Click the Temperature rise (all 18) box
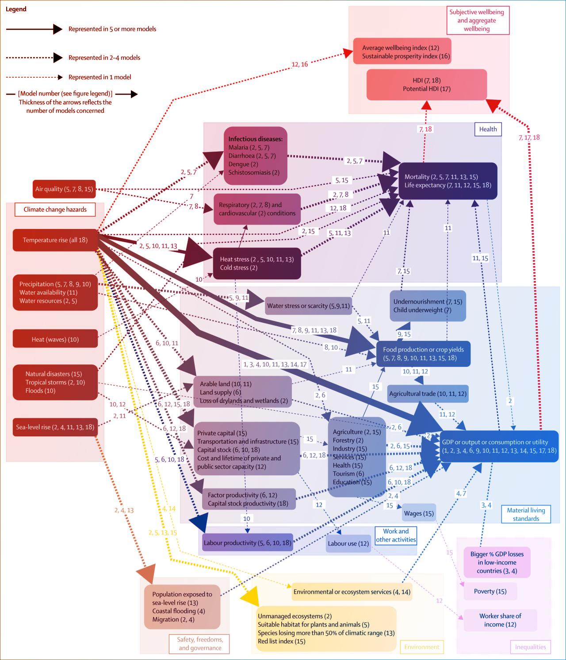click(x=55, y=240)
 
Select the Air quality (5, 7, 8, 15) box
click(x=64, y=189)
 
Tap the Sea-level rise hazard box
click(x=55, y=427)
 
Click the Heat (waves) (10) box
click(x=55, y=339)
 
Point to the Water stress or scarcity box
click(x=308, y=306)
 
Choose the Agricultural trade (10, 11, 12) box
click(x=428, y=393)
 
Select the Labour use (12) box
click(x=348, y=543)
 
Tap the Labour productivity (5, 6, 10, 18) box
click(x=248, y=543)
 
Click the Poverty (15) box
click(x=490, y=591)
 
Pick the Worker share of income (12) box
click(x=500, y=620)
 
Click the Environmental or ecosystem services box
click(x=352, y=592)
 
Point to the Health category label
click(x=488, y=129)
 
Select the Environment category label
click(x=421, y=647)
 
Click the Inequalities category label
click(x=530, y=647)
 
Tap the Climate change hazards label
click(x=55, y=210)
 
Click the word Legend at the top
click(x=16, y=9)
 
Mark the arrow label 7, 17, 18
click(x=529, y=137)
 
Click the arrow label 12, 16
click(x=300, y=65)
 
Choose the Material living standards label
click(x=526, y=514)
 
